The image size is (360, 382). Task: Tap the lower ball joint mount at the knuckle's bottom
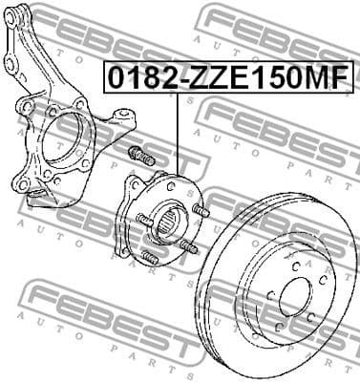40,196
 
